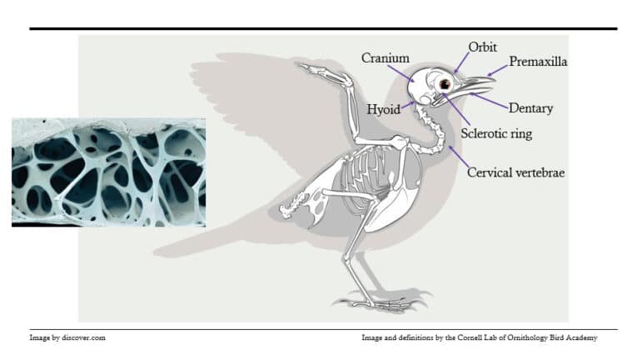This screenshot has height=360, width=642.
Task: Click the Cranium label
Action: (x=386, y=58)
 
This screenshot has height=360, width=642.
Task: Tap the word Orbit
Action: (x=482, y=47)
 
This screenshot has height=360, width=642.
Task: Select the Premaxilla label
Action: (x=538, y=62)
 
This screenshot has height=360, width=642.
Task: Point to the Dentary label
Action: (x=530, y=108)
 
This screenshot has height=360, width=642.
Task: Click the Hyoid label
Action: (x=383, y=109)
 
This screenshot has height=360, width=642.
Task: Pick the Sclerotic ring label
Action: (x=496, y=133)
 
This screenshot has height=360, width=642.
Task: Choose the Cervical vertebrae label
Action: (x=516, y=172)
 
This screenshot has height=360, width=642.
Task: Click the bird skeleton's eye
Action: (x=445, y=84)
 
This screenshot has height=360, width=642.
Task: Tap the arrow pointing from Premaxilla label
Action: (x=497, y=71)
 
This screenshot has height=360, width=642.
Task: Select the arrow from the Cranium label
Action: (x=401, y=73)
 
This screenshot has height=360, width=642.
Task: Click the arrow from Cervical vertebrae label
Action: (x=459, y=156)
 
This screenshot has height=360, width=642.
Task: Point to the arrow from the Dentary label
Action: (x=489, y=100)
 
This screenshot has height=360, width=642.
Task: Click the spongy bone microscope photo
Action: (x=108, y=172)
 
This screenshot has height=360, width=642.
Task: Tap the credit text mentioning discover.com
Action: (x=67, y=337)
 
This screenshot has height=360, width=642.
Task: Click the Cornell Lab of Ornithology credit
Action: (x=480, y=337)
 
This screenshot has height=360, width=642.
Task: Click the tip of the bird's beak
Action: (x=495, y=79)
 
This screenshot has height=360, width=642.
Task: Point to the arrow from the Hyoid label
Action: (x=408, y=105)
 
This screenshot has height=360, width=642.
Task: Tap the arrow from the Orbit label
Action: (x=461, y=62)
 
